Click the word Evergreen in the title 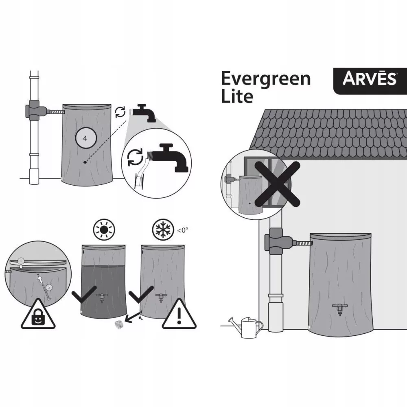coord(266,79)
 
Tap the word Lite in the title coord(237,96)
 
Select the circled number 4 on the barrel coord(86,138)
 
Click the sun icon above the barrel coord(104,230)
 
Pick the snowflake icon coord(163,230)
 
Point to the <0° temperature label coord(182,230)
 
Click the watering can coord(245,327)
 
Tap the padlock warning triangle coord(38,314)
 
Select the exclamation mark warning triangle coord(179,314)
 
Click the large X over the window coord(277,184)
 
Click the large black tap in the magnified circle coord(170,157)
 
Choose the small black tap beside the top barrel coord(144,113)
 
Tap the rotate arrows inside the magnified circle coord(135,157)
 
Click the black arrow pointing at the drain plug coord(133,317)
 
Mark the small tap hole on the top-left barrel coord(85,162)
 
